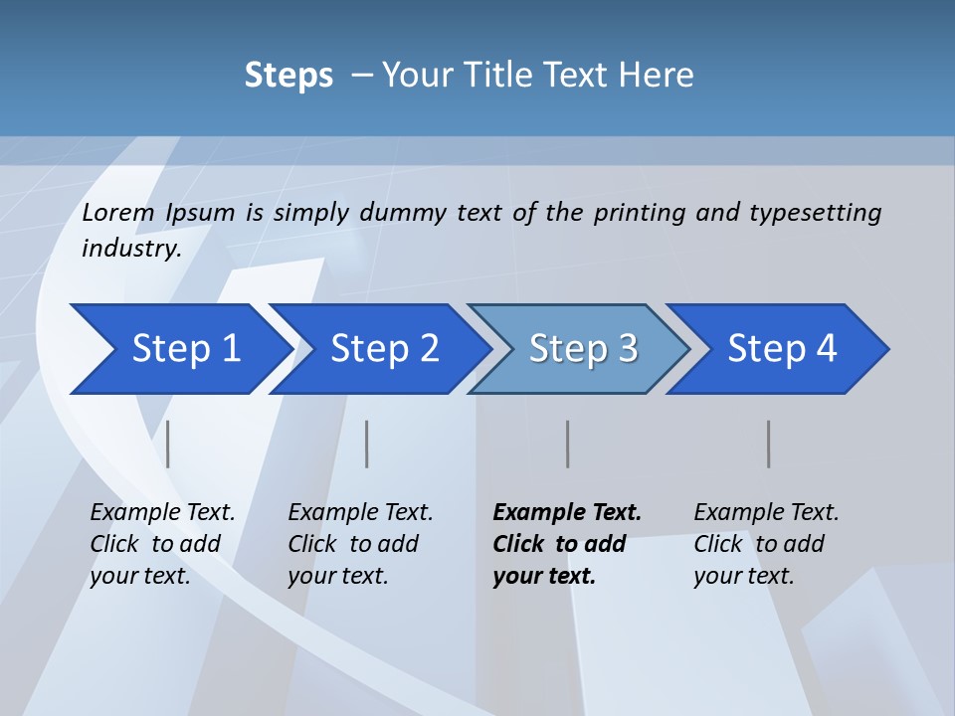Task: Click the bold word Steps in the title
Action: click(288, 76)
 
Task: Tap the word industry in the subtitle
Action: click(130, 249)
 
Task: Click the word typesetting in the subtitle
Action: click(815, 213)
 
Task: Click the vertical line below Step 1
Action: click(168, 444)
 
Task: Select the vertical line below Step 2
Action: click(367, 444)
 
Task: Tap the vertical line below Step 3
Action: click(567, 444)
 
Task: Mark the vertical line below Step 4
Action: click(769, 444)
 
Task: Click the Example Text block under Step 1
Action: click(162, 544)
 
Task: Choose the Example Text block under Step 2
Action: click(360, 544)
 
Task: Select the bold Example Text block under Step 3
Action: click(567, 544)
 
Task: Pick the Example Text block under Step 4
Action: click(766, 544)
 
